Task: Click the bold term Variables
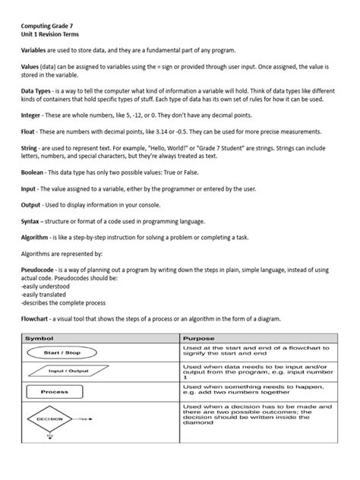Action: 36,48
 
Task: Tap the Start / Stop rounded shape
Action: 64,353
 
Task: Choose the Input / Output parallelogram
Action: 65,371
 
